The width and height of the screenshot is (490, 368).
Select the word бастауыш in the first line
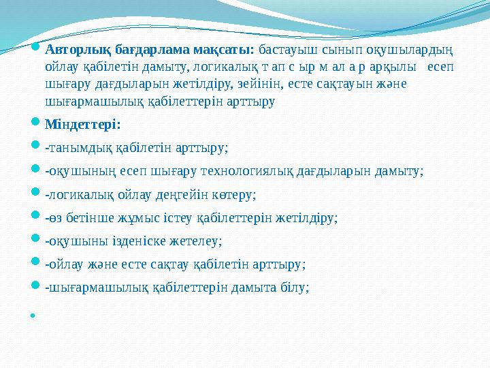coord(286,50)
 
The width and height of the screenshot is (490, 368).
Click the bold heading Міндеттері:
coord(82,124)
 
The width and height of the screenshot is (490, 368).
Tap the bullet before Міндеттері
coord(36,124)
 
